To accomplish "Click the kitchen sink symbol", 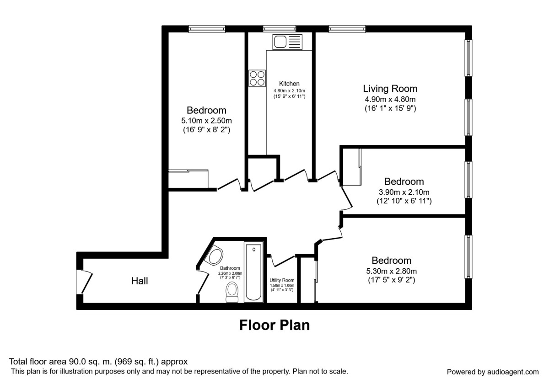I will pyautogui.click(x=287, y=42).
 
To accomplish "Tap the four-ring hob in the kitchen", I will pyautogui.click(x=257, y=78).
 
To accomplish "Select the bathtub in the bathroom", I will pyautogui.click(x=253, y=273).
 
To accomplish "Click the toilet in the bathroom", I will pyautogui.click(x=232, y=292).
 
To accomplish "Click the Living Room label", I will pyautogui.click(x=390, y=89).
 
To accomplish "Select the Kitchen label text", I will pyautogui.click(x=289, y=84).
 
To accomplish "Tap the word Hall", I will pyautogui.click(x=140, y=281).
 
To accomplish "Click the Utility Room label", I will pyautogui.click(x=282, y=280).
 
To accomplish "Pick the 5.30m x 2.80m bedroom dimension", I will pyautogui.click(x=391, y=271).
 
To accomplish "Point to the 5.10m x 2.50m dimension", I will pyautogui.click(x=206, y=121).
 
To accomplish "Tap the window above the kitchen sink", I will pyautogui.click(x=279, y=29).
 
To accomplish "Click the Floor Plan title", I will pyautogui.click(x=274, y=325).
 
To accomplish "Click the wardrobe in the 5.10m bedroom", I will pyautogui.click(x=188, y=179).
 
